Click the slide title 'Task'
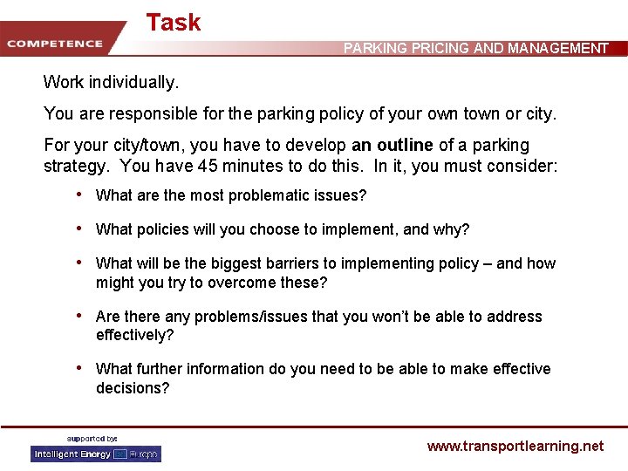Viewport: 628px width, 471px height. click(174, 23)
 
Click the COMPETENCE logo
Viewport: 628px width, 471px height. click(55, 44)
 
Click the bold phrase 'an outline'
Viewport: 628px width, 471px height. click(392, 145)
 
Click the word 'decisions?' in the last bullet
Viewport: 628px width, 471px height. click(133, 388)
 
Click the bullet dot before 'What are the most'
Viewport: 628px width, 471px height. click(80, 195)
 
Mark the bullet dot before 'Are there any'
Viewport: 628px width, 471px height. click(80, 316)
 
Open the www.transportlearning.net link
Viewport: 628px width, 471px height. click(515, 446)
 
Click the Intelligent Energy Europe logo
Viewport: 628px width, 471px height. click(96, 454)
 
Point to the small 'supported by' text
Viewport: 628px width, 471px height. click(92, 438)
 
